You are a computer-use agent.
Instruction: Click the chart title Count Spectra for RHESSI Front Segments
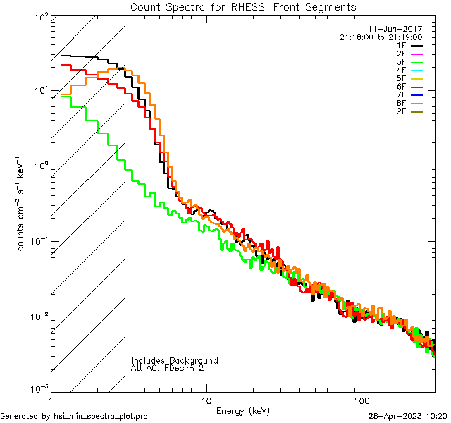pyautogui.click(x=243, y=7)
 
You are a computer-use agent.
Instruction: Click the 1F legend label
pyautogui.click(x=401, y=45)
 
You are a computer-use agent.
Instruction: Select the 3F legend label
pyautogui.click(x=401, y=62)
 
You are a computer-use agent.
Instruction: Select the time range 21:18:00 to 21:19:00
pyautogui.click(x=381, y=37)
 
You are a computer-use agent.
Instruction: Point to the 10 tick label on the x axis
pyautogui.click(x=206, y=399)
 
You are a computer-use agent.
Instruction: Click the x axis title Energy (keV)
pyautogui.click(x=243, y=410)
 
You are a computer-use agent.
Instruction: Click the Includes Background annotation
pyautogui.click(x=175, y=360)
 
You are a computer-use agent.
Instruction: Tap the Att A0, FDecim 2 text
pyautogui.click(x=167, y=368)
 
